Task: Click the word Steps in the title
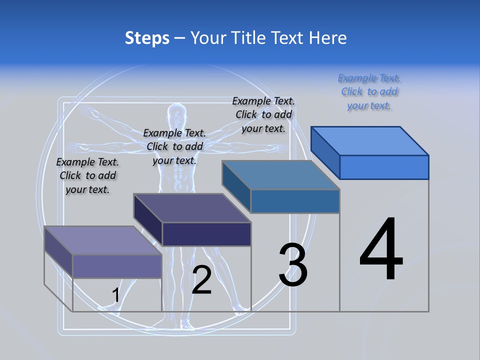[147, 38]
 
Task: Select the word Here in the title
[327, 38]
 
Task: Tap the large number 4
[381, 250]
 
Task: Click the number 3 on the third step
[293, 265]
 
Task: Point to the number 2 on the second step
[201, 280]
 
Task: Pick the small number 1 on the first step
[115, 295]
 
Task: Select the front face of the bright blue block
[384, 167]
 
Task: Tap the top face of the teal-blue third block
[280, 175]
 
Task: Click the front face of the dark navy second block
[206, 234]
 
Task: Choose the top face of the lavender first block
[103, 240]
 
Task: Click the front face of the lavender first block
[117, 266]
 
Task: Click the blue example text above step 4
[369, 92]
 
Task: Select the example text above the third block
[263, 114]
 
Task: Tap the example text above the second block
[174, 146]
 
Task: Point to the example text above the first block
[87, 175]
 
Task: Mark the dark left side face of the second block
[148, 220]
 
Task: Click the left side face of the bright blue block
[325, 152]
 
